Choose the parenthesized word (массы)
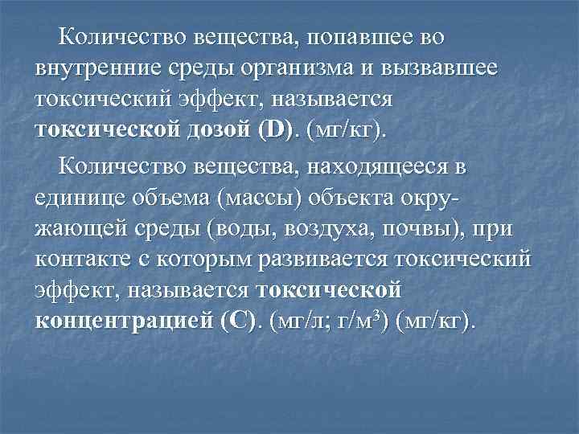click(x=273, y=198)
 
